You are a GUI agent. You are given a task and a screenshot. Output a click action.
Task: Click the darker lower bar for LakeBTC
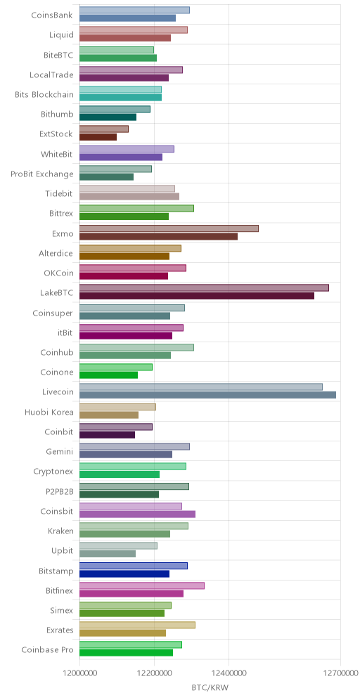tap(197, 296)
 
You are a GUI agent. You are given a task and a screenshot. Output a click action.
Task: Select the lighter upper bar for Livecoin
tap(201, 387)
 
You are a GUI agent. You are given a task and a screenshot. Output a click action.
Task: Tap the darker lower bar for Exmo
tap(159, 236)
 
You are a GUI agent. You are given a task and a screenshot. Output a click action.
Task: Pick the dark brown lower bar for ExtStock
tap(98, 136)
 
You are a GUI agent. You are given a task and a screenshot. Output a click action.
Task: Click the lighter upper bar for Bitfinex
tap(142, 585)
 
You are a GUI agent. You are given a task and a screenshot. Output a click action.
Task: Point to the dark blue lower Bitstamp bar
tap(124, 573)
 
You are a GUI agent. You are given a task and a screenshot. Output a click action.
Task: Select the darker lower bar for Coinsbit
tap(138, 514)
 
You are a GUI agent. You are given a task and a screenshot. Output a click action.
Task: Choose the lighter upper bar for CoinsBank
tap(134, 10)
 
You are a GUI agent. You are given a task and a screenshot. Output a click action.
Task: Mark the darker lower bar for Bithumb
tap(108, 117)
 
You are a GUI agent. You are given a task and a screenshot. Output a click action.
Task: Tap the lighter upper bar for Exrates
tap(138, 625)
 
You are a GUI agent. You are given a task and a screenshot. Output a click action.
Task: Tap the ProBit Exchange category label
tap(42, 174)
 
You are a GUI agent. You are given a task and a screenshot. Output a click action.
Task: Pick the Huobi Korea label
tap(49, 412)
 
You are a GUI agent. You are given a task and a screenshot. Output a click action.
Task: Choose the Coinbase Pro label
tap(47, 649)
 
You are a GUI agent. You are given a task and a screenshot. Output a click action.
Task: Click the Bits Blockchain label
tap(44, 94)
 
